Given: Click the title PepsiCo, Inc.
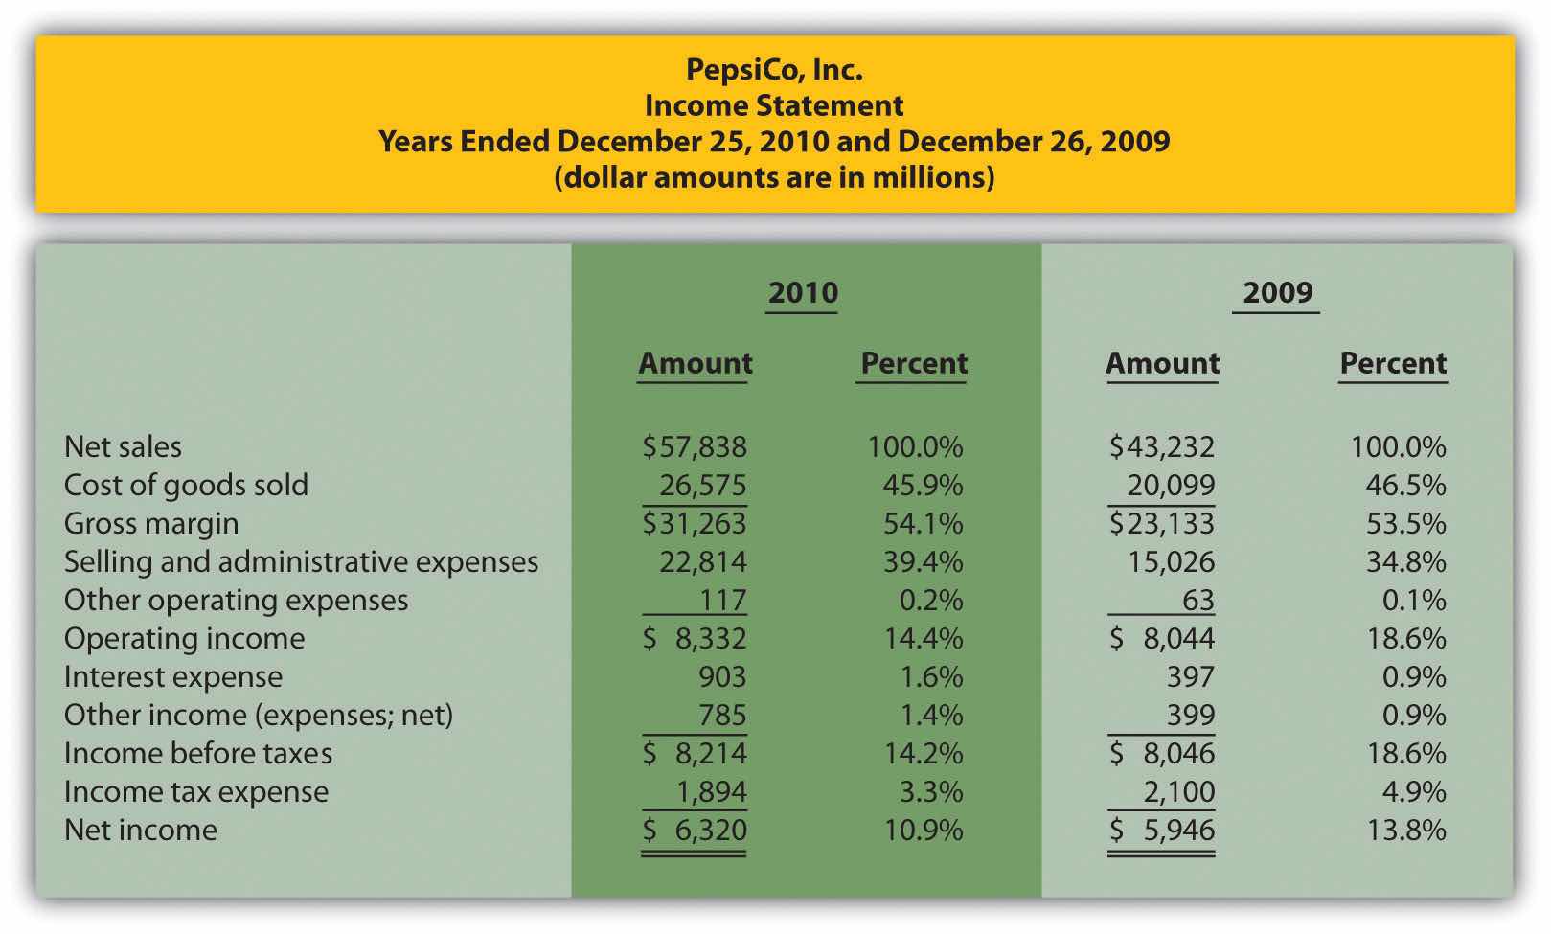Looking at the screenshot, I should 774,69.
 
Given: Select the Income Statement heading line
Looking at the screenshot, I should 774,105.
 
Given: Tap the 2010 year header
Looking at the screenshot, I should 803,292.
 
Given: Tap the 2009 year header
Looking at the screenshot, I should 1278,292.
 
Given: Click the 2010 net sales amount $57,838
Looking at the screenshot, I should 695,446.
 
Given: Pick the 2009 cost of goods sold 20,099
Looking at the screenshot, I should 1170,485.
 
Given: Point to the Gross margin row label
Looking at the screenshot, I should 151,523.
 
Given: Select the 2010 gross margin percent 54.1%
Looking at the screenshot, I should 923,523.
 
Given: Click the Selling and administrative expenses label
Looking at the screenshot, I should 301,561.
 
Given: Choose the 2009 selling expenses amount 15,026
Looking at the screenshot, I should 1170,561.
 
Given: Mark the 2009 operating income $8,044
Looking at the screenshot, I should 1162,638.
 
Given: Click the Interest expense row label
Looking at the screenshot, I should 173,676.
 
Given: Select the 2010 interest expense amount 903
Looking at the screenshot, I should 721,676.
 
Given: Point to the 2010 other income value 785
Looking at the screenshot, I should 722,715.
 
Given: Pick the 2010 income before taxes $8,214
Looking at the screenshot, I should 695,753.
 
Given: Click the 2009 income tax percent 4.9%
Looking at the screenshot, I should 1405,791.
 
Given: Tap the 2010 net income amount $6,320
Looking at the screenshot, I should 695,830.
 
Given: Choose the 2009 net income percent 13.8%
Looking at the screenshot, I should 1405,830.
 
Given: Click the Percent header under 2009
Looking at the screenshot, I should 1393,363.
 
